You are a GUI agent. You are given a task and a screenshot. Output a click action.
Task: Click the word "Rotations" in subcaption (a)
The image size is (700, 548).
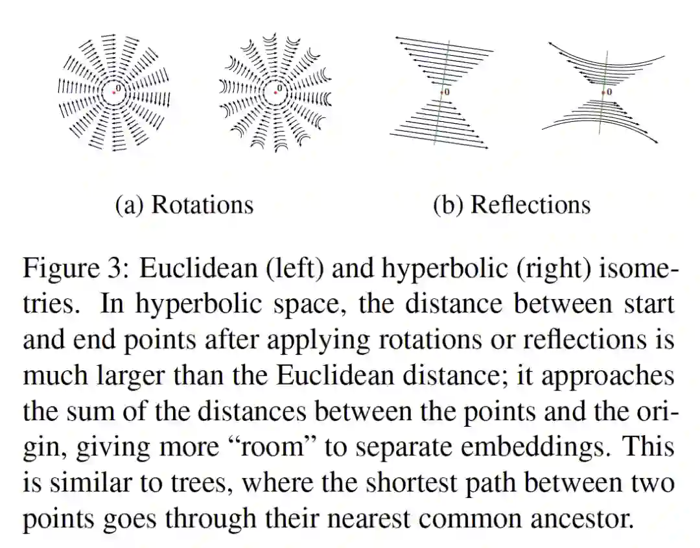click(x=202, y=204)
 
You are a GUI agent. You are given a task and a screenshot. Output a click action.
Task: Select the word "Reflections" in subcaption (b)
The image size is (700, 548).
click(x=530, y=204)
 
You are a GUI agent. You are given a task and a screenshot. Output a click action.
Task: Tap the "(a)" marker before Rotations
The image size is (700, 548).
click(x=130, y=205)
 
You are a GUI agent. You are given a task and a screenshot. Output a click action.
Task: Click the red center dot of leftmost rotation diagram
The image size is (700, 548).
click(x=113, y=92)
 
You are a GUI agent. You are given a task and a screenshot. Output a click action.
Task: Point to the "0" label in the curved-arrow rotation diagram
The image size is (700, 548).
click(x=280, y=88)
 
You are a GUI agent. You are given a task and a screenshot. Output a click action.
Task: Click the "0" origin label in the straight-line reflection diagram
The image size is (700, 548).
click(x=447, y=92)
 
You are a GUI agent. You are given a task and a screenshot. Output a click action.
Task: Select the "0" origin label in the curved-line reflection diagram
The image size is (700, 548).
click(x=609, y=92)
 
